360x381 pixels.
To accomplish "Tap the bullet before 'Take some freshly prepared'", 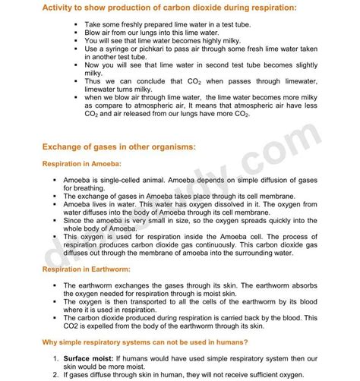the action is pyautogui.click(x=76, y=25).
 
